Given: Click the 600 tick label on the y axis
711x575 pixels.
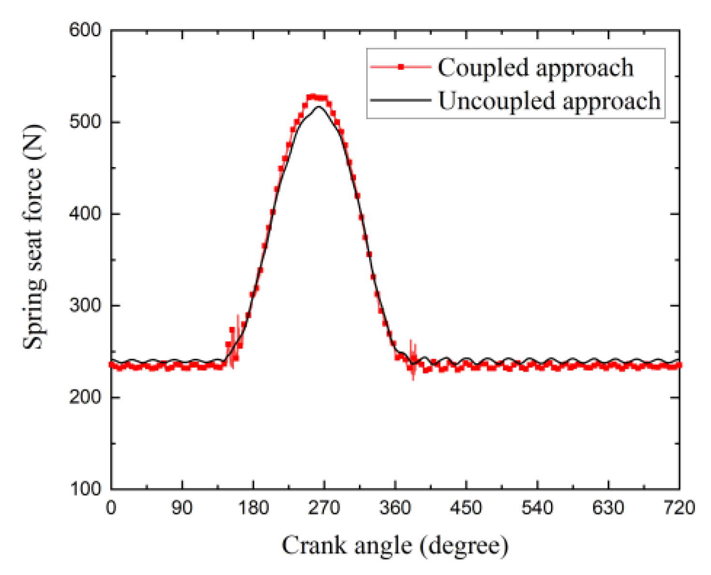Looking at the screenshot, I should pos(85,30).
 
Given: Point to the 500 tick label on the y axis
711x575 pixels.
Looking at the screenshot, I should pos(85,122).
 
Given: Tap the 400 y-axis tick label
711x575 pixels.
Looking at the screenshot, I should pos(85,213).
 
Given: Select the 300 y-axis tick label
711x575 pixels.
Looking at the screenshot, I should pos(85,305).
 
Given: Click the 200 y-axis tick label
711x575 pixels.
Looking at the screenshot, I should pos(85,397).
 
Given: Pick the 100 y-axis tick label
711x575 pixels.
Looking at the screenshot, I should pos(85,488).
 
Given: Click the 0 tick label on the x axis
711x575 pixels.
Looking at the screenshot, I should pos(111,508).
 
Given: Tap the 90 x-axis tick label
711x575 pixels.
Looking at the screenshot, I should pos(182,508).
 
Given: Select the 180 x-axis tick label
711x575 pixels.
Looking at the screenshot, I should pos(253,508).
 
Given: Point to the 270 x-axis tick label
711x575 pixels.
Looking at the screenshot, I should pos(324,508).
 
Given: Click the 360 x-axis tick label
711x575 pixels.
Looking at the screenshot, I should pos(395,508).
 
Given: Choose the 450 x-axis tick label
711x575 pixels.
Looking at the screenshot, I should pos(466,508).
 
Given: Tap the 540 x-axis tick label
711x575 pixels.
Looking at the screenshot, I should pos(537,508).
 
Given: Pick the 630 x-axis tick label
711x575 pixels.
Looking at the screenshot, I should pos(608,508).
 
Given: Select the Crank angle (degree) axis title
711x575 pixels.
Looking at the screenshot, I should pos(395,546).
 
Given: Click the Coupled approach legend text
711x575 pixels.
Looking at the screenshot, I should pos(535,68).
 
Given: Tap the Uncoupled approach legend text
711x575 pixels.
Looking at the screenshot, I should pos(549,101).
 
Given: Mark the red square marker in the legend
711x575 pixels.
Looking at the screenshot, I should pos(400,67).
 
